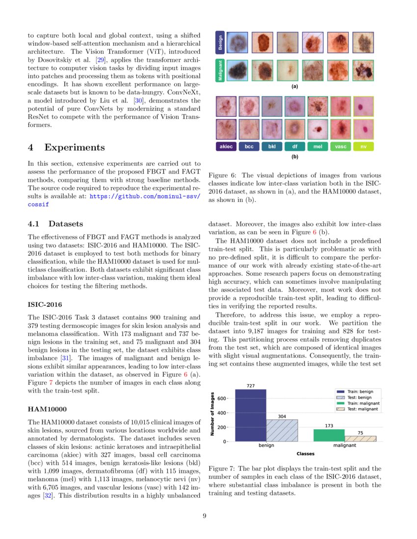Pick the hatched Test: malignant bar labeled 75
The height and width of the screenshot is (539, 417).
(360, 439)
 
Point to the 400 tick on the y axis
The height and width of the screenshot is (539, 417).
(222, 413)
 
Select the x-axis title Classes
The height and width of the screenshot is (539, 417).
(305, 454)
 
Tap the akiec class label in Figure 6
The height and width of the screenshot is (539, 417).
(226, 146)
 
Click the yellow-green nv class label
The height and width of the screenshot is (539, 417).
(363, 146)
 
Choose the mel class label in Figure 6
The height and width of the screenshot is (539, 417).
(317, 146)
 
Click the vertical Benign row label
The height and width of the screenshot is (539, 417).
(220, 43)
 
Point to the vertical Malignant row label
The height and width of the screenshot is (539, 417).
(220, 71)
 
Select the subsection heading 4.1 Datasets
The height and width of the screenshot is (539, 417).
(55, 224)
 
